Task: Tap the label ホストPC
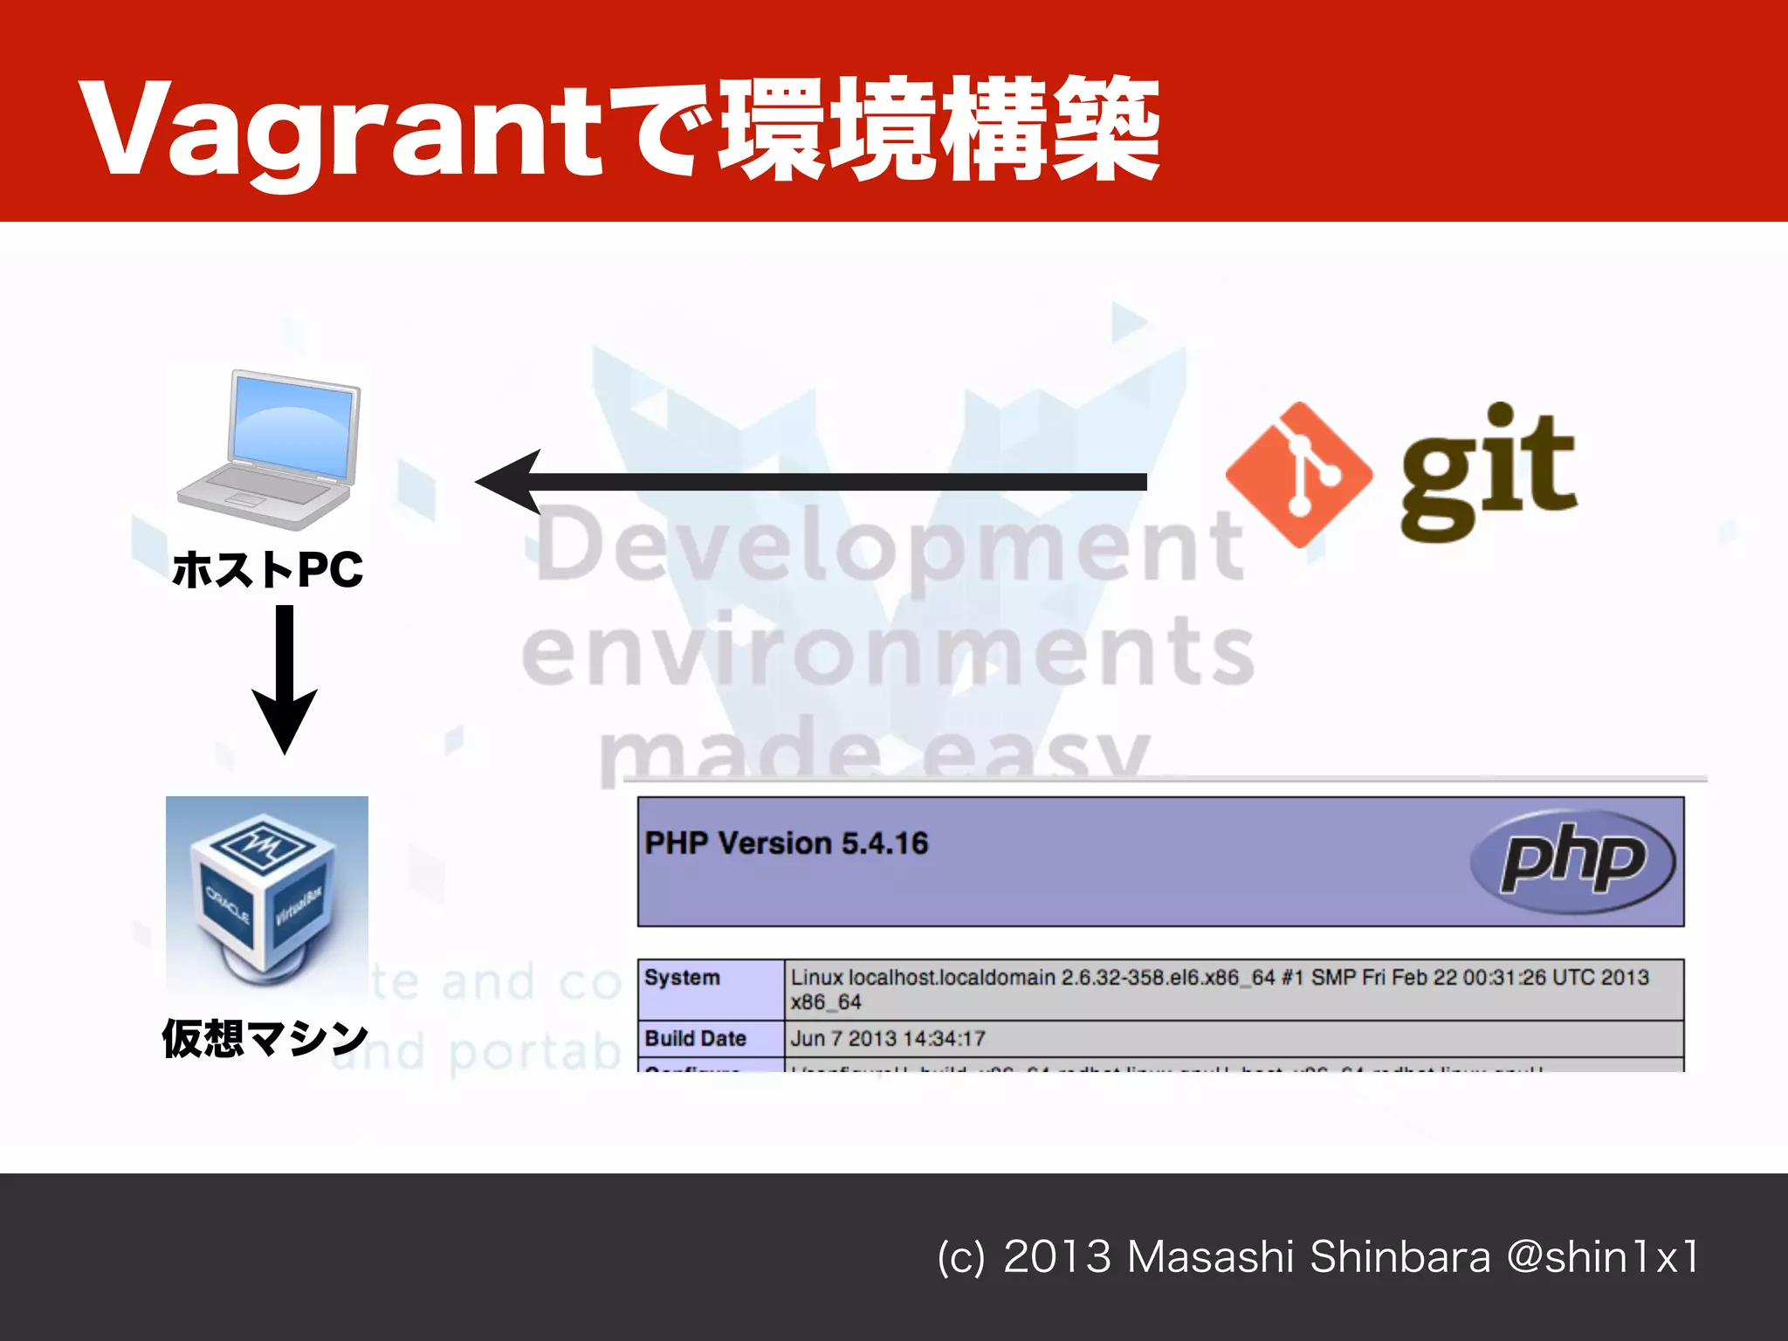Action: [x=267, y=569]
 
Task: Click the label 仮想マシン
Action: [x=265, y=1038]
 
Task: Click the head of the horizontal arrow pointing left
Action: [x=511, y=482]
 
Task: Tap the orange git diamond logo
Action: [x=1298, y=475]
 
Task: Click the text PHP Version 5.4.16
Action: [x=786, y=843]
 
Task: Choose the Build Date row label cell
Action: [x=711, y=1038]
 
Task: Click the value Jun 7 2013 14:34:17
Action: [x=888, y=1038]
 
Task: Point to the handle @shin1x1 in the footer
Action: [x=1603, y=1257]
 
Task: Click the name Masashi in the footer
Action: [x=1210, y=1257]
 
